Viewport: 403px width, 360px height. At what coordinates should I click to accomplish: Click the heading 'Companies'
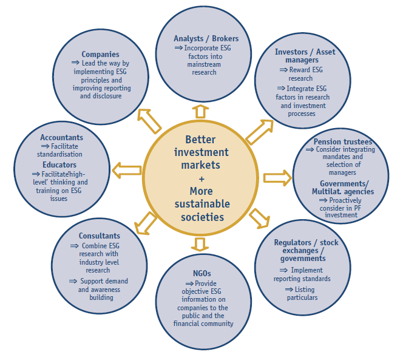[101, 54]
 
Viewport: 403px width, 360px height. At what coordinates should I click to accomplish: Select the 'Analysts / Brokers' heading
[206, 39]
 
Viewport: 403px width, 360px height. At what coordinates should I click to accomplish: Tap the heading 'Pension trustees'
[343, 141]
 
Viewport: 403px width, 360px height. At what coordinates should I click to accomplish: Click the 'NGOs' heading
[202, 273]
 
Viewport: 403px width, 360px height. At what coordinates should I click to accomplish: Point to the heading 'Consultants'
[100, 236]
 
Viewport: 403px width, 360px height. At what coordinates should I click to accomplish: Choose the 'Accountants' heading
[62, 138]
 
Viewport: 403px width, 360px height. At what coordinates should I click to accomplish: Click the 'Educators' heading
[59, 165]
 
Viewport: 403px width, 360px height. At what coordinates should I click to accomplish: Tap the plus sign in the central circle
[201, 179]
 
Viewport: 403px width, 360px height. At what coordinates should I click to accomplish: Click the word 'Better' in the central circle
[200, 140]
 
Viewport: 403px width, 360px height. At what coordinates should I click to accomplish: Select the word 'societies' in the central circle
[202, 217]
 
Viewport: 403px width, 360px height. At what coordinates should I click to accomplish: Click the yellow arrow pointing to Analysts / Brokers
[200, 111]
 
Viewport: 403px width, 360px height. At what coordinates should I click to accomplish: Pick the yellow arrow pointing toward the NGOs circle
[200, 244]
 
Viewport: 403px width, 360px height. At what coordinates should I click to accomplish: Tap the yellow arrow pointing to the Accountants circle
[127, 170]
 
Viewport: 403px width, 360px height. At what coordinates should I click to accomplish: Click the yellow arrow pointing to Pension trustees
[277, 178]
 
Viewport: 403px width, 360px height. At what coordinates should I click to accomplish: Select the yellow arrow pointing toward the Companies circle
[149, 121]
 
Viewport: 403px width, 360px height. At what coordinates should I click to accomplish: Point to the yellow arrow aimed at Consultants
[146, 223]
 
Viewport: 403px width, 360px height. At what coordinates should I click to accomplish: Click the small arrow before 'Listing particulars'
[289, 290]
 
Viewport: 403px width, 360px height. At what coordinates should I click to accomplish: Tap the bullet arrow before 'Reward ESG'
[283, 70]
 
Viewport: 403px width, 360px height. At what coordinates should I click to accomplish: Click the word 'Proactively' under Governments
[345, 200]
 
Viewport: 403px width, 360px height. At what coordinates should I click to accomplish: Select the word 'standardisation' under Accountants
[59, 154]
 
